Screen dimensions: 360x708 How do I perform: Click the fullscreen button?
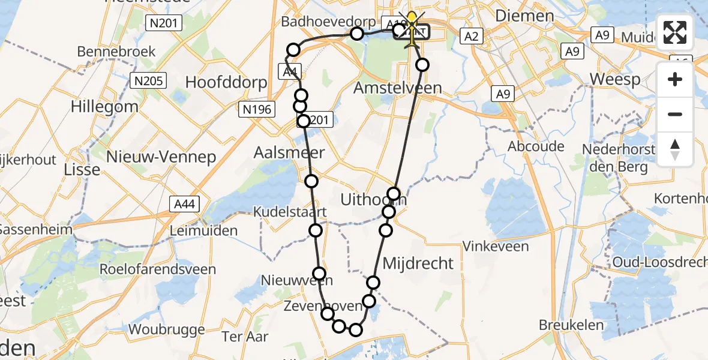pyautogui.click(x=675, y=32)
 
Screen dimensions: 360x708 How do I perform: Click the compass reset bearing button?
pyautogui.click(x=675, y=149)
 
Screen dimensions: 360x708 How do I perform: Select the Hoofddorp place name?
pyautogui.click(x=226, y=82)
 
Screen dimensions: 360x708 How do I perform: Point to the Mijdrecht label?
pyautogui.click(x=418, y=263)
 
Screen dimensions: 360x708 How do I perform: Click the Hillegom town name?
pyautogui.click(x=104, y=107)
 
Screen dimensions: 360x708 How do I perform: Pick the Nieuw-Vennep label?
pyautogui.click(x=160, y=157)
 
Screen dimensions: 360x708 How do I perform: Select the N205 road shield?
pyautogui.click(x=149, y=80)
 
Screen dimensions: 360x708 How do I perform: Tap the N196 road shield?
pyautogui.click(x=257, y=109)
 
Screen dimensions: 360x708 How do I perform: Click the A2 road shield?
pyautogui.click(x=472, y=37)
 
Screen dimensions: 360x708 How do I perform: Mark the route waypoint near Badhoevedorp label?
pyautogui.click(x=356, y=34)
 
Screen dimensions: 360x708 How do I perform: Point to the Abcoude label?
pyautogui.click(x=536, y=146)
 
